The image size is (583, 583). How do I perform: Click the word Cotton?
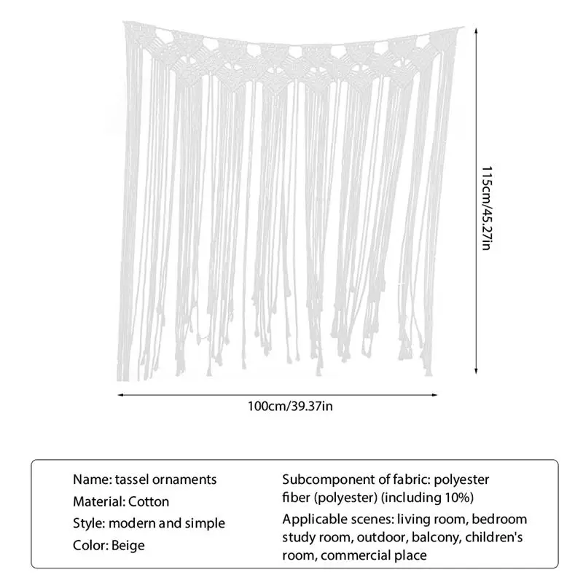point(149,501)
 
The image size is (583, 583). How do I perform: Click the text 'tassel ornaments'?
point(166,480)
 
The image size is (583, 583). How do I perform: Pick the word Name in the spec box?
point(90,480)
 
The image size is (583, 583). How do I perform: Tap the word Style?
point(88,523)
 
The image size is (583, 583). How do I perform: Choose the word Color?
point(90,545)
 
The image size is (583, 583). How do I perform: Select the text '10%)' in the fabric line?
point(459,498)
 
